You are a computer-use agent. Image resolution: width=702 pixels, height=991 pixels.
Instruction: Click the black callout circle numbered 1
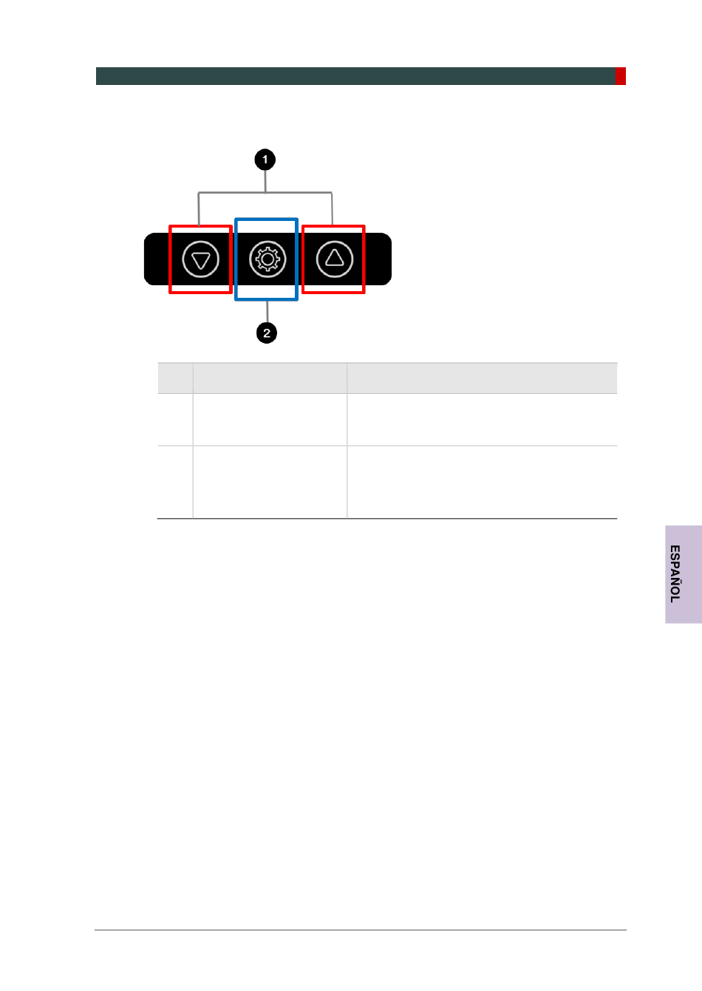tap(265, 160)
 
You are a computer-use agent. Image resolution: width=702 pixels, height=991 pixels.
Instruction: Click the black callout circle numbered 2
tap(267, 333)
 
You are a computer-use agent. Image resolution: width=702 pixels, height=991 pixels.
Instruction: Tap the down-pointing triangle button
tap(200, 259)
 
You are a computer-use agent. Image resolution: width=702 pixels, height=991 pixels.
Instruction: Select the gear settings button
tap(267, 259)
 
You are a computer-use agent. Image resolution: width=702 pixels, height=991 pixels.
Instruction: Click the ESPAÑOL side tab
tap(683, 574)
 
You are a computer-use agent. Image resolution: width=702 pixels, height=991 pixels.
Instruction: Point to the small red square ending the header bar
tap(621, 76)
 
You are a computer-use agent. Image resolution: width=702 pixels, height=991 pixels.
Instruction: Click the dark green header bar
tap(355, 76)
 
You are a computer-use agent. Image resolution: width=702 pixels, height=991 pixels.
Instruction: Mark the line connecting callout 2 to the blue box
tap(267, 312)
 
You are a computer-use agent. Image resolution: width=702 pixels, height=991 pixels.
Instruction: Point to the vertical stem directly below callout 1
tap(265, 181)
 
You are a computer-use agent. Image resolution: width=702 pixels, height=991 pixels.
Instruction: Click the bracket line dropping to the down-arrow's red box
tap(198, 208)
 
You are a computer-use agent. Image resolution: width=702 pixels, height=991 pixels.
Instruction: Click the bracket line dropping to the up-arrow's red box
tap(332, 208)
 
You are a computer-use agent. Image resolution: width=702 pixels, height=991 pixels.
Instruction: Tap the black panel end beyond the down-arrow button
tap(156, 259)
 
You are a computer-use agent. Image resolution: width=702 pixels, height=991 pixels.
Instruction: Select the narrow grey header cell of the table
tap(175, 378)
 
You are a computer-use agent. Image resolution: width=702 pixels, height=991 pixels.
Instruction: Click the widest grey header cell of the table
tap(482, 378)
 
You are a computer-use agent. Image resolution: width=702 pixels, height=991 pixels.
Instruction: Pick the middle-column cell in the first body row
tap(270, 420)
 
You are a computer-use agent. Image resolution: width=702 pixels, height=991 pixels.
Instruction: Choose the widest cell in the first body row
tap(482, 420)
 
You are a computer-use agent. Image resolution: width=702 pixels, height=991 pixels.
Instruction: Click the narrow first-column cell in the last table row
tap(175, 482)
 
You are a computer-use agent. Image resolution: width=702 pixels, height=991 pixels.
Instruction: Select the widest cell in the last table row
tap(482, 482)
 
